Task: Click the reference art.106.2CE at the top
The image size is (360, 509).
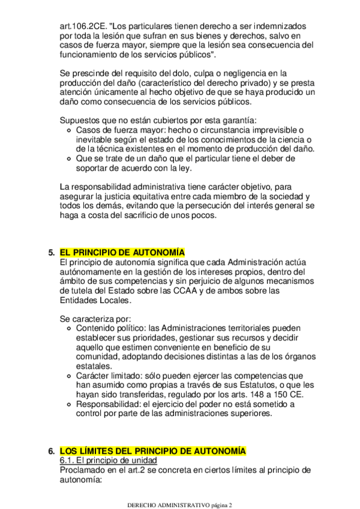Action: tap(84, 27)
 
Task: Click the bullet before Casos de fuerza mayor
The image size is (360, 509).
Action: tap(71, 130)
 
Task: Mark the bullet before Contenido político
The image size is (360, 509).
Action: tap(71, 329)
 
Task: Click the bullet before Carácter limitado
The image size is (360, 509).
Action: tap(71, 375)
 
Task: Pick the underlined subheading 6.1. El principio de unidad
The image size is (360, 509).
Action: tap(108, 460)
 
